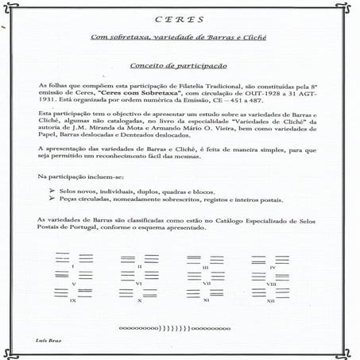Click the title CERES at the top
[179, 20]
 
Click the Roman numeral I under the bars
[72, 264]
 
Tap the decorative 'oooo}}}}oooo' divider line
[179, 326]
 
